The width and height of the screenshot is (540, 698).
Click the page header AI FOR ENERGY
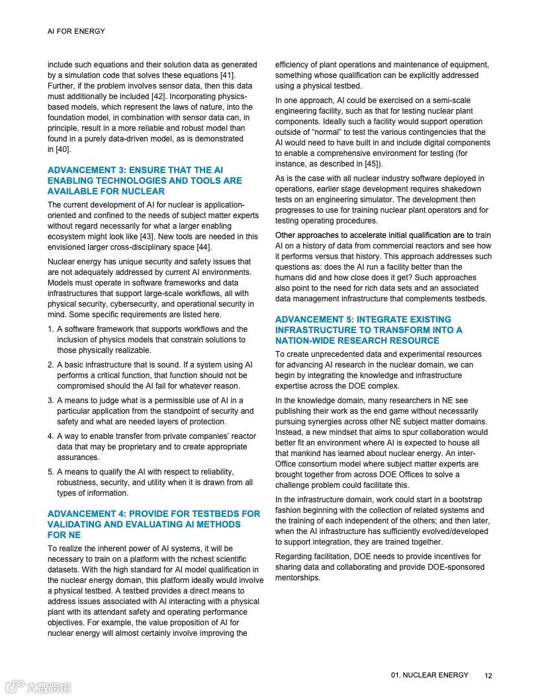[x=76, y=31]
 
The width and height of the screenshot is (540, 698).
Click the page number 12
[x=488, y=676]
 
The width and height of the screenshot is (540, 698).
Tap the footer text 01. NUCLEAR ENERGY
[x=429, y=675]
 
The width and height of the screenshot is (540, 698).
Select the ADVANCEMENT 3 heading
[x=144, y=180]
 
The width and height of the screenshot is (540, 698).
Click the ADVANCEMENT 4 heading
[x=154, y=524]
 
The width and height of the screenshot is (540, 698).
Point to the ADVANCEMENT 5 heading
[x=369, y=330]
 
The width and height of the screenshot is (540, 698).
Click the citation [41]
[x=226, y=75]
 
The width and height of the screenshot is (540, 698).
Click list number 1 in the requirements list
[x=51, y=329]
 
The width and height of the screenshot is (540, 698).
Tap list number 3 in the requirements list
[x=51, y=401]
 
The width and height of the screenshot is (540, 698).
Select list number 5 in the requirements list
[x=51, y=472]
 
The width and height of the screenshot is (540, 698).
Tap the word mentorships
[x=298, y=578]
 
